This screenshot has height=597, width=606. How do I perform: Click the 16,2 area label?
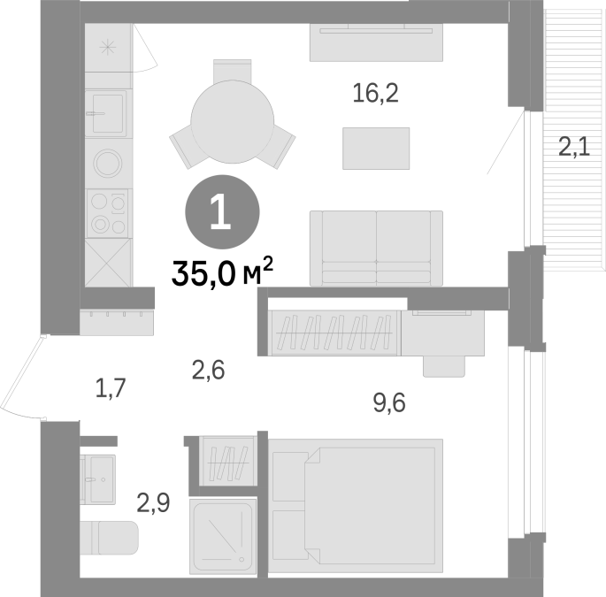(375, 95)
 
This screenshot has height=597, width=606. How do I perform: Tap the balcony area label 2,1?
(574, 148)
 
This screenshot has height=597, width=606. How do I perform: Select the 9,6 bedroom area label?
(389, 403)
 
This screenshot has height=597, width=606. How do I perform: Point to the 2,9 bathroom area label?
(153, 504)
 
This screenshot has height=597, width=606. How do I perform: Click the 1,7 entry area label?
(111, 389)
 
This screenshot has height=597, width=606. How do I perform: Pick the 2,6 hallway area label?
(208, 371)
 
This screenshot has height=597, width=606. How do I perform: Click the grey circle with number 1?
(222, 212)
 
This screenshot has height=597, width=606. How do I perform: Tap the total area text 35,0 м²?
(222, 272)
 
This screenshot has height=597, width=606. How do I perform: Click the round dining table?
(233, 121)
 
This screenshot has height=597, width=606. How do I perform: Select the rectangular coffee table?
(376, 149)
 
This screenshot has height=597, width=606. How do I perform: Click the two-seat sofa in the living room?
(377, 249)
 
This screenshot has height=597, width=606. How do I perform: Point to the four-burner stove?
(108, 213)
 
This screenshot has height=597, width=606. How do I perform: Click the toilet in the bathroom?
(110, 538)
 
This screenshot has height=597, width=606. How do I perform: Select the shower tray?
(224, 536)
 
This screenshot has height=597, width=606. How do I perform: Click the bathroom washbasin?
(98, 479)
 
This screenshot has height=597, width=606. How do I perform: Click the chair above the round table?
(233, 71)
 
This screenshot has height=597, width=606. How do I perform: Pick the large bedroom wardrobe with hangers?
(334, 333)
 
